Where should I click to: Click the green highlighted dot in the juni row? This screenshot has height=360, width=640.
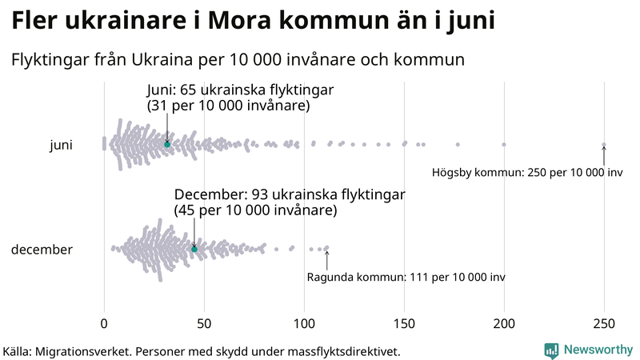pyautogui.click(x=167, y=144)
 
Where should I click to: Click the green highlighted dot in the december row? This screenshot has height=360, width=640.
pyautogui.click(x=194, y=250)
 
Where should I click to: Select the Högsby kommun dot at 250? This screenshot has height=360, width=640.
pyautogui.click(x=604, y=145)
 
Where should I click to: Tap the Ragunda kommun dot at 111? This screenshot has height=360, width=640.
pyautogui.click(x=326, y=248)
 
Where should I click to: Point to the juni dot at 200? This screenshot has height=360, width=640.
pyautogui.click(x=504, y=144)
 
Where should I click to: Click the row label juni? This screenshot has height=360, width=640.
pyautogui.click(x=61, y=145)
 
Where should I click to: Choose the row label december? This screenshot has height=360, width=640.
pyautogui.click(x=42, y=250)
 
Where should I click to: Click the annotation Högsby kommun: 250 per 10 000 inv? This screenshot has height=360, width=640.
pyautogui.click(x=527, y=172)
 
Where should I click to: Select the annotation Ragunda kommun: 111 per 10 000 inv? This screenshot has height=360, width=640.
pyautogui.click(x=406, y=277)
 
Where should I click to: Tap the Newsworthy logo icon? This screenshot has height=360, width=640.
pyautogui.click(x=551, y=350)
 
